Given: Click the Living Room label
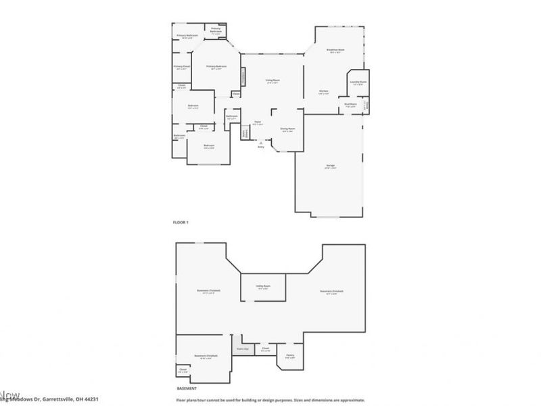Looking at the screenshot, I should tap(272, 81).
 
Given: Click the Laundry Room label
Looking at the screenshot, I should tap(357, 83).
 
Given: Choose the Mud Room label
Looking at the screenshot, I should tap(350, 104).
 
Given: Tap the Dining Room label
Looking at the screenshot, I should tap(287, 130).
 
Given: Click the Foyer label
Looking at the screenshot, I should tap(258, 123).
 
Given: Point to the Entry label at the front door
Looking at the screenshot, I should tap(260, 146).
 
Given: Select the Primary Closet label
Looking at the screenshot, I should tap(181, 66).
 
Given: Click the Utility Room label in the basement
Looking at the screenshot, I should tap(263, 287).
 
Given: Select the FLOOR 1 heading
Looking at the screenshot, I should tap(182, 222).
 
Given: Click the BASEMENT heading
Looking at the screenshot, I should tap(186, 388).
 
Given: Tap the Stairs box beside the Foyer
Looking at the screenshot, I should tap(245, 133).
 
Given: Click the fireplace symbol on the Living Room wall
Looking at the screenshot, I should tap(244, 77).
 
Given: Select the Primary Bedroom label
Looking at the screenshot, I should tap(216, 66).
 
